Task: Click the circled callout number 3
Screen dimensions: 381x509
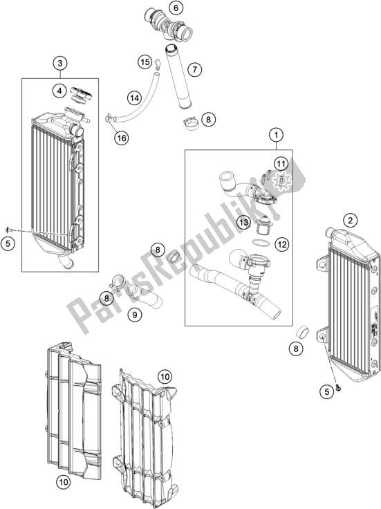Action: pyautogui.click(x=60, y=64)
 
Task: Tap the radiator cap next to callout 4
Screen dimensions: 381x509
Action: pyautogui.click(x=81, y=94)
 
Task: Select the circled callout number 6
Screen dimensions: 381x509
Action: pyautogui.click(x=176, y=8)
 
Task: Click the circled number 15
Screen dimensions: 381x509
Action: pyautogui.click(x=145, y=62)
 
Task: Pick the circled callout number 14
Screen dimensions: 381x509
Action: pyautogui.click(x=135, y=98)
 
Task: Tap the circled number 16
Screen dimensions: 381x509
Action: pyautogui.click(x=122, y=138)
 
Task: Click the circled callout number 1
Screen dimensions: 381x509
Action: pyautogui.click(x=276, y=135)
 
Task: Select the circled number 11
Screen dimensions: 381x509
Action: pyautogui.click(x=281, y=164)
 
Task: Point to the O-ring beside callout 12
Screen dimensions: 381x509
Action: pyautogui.click(x=261, y=243)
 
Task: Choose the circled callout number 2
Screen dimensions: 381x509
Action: pyautogui.click(x=350, y=221)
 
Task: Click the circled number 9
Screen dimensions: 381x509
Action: pyautogui.click(x=135, y=314)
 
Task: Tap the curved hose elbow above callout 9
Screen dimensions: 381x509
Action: pyautogui.click(x=145, y=296)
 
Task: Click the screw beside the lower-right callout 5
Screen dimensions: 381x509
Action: pyautogui.click(x=339, y=387)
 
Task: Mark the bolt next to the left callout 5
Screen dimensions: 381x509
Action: pyautogui.click(x=9, y=230)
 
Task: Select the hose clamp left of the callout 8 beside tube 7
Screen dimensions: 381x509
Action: pyautogui.click(x=191, y=124)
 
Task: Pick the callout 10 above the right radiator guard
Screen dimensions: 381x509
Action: pyautogui.click(x=165, y=377)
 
